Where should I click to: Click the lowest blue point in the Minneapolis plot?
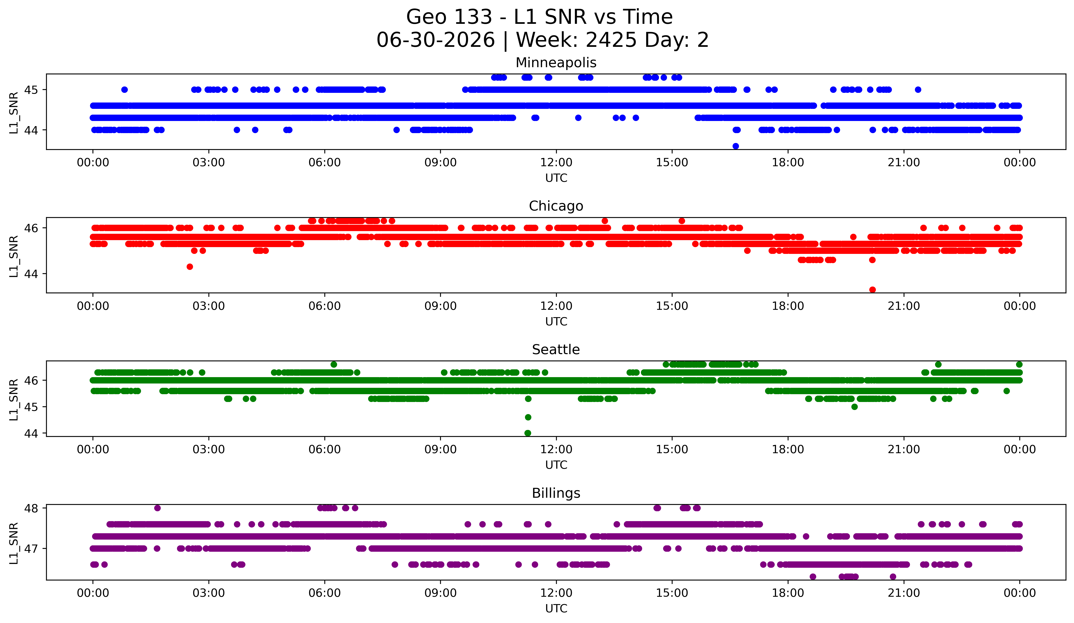pyautogui.click(x=736, y=146)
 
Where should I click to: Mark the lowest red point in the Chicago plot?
pyautogui.click(x=872, y=290)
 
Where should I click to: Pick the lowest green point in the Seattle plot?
pyautogui.click(x=528, y=433)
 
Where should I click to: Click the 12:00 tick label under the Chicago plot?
pyautogui.click(x=556, y=306)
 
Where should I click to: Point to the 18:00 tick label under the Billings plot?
pyautogui.click(x=788, y=593)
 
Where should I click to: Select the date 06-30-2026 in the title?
pyautogui.click(x=436, y=40)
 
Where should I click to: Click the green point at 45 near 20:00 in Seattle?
pyautogui.click(x=854, y=407)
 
